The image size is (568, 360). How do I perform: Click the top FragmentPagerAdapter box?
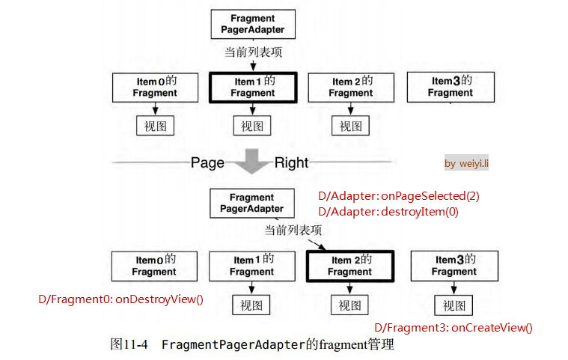tap(253, 24)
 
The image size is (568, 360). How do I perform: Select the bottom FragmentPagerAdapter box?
tap(251, 203)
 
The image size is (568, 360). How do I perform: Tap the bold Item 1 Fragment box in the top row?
tap(254, 87)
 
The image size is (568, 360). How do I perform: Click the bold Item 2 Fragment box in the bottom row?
tap(349, 266)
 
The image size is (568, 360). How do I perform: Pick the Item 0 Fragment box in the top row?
tap(155, 87)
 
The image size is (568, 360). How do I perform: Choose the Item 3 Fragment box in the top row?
tap(451, 87)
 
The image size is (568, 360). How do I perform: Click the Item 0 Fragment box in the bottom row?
tap(155, 266)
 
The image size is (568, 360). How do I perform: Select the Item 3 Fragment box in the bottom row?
tap(454, 266)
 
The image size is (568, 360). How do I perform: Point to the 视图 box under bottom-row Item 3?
tap(454, 305)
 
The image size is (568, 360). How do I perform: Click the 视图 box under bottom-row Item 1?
tap(251, 305)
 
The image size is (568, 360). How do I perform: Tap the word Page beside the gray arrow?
tap(207, 162)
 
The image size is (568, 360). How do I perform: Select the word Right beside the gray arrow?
tap(291, 162)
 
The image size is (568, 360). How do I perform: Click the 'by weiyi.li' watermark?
tap(466, 163)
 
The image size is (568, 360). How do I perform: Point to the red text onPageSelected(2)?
tap(430, 196)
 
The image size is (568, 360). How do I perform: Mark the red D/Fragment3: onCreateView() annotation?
tap(453, 327)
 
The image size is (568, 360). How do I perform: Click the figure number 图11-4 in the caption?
tap(129, 345)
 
